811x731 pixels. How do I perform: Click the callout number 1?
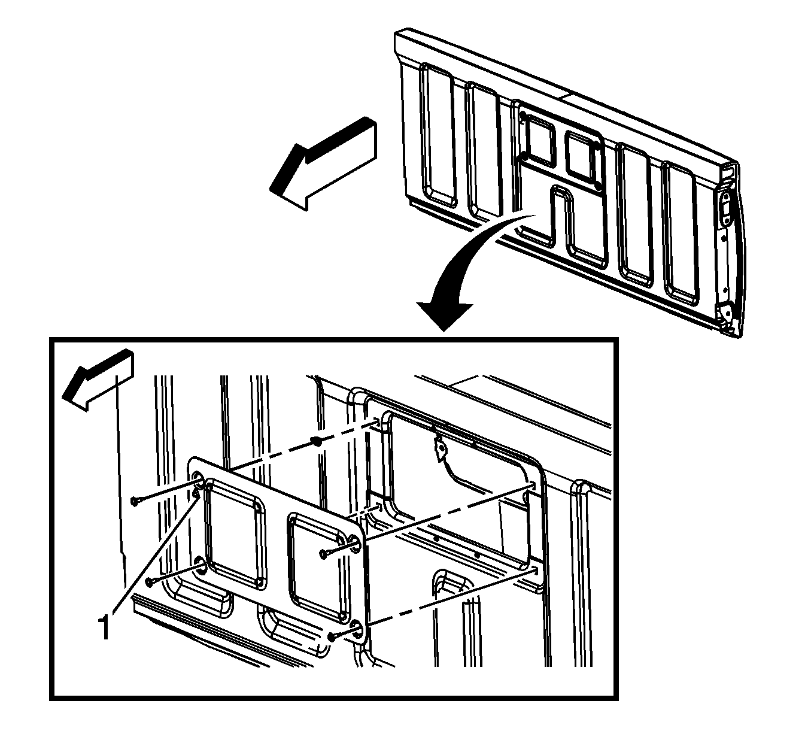tap(104, 627)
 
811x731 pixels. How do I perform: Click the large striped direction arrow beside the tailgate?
tap(323, 163)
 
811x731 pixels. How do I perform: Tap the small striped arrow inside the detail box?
tap(98, 380)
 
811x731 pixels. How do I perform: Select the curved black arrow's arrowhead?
tap(444, 316)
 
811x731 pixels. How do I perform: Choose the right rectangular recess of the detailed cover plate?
tap(318, 568)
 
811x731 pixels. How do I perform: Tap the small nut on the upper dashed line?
tap(318, 442)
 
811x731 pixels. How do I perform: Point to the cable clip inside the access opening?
tap(440, 447)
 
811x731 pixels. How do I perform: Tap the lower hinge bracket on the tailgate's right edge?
tap(725, 314)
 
